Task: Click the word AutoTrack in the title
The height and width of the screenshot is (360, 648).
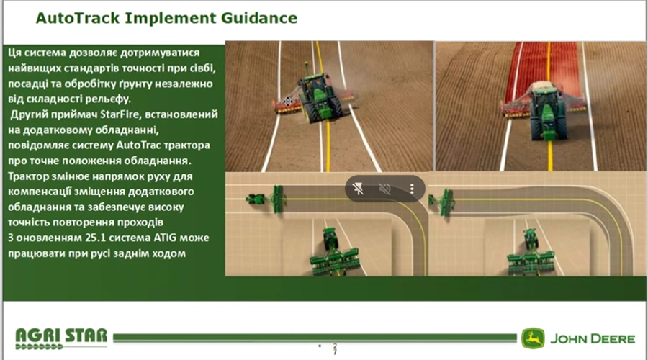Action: (x=78, y=18)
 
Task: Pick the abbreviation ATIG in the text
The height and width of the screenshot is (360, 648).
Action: (x=166, y=238)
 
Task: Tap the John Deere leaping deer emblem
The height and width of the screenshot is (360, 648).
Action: (x=532, y=338)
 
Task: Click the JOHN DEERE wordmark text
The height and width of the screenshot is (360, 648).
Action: (x=593, y=339)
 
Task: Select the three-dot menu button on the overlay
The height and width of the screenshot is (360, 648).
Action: (x=412, y=189)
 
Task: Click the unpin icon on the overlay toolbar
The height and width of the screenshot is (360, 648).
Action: (x=358, y=189)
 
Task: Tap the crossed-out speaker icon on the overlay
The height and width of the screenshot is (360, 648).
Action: (x=384, y=189)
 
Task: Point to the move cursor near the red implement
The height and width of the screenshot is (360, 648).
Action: (x=288, y=102)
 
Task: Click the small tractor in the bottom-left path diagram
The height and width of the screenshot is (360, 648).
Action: (x=256, y=199)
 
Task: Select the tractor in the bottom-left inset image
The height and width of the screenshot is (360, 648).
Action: (x=330, y=239)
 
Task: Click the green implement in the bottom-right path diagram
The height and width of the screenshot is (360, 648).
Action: (x=446, y=202)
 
